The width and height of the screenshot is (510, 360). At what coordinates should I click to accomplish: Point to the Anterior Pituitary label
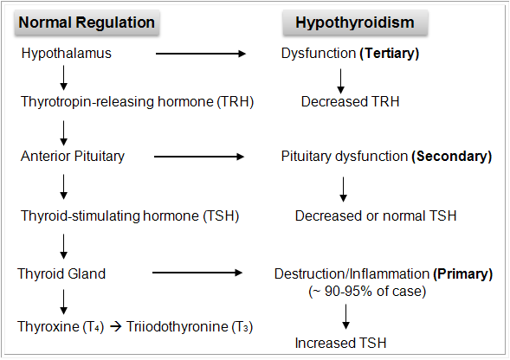tap(73, 157)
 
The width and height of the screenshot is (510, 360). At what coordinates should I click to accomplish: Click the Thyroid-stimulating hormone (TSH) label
tap(129, 215)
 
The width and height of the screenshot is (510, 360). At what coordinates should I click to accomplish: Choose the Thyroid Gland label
tap(61, 273)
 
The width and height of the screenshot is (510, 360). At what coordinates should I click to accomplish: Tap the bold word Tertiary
tap(389, 54)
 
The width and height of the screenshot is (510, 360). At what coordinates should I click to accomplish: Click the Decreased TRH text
tap(350, 101)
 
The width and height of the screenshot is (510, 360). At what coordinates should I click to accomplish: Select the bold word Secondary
tap(451, 157)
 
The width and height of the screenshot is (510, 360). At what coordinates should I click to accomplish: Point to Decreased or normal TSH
tap(375, 215)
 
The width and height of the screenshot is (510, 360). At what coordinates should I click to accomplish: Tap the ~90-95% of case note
tap(367, 291)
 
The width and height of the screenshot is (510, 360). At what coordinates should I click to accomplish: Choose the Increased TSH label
tap(342, 344)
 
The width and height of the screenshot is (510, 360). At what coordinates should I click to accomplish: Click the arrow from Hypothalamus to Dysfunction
tap(200, 54)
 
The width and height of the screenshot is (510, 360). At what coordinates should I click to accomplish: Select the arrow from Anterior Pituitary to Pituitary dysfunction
tap(197, 157)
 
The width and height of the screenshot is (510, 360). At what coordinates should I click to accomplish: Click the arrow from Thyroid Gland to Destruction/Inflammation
tap(196, 273)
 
